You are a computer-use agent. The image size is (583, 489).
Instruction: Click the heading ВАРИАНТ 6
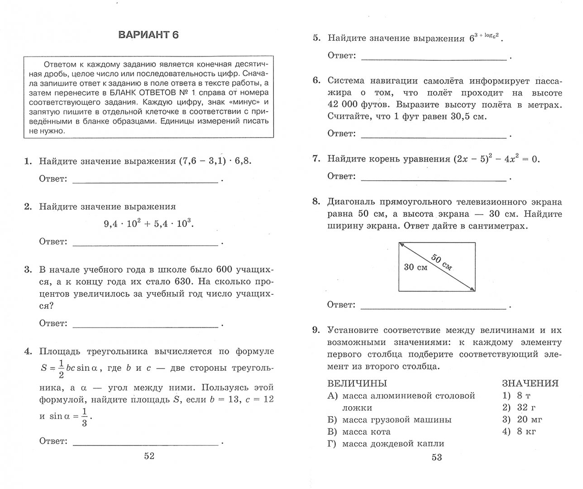coord(148,35)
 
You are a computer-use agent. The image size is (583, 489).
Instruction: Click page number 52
coord(149,456)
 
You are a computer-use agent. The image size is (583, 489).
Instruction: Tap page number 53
coord(436,457)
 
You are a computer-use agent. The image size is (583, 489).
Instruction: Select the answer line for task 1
coord(145,182)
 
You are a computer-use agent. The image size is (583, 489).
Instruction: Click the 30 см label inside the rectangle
coord(416,267)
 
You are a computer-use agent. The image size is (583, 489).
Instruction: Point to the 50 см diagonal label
coord(442,262)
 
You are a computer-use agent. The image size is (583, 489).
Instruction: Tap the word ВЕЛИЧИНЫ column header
coord(357,384)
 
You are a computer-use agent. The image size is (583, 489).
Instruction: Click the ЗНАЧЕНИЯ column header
coord(530,384)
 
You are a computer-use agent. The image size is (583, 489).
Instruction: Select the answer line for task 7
coord(433,180)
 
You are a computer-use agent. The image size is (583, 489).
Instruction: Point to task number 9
coord(316,330)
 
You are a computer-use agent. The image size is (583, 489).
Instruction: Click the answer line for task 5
coord(433,59)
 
